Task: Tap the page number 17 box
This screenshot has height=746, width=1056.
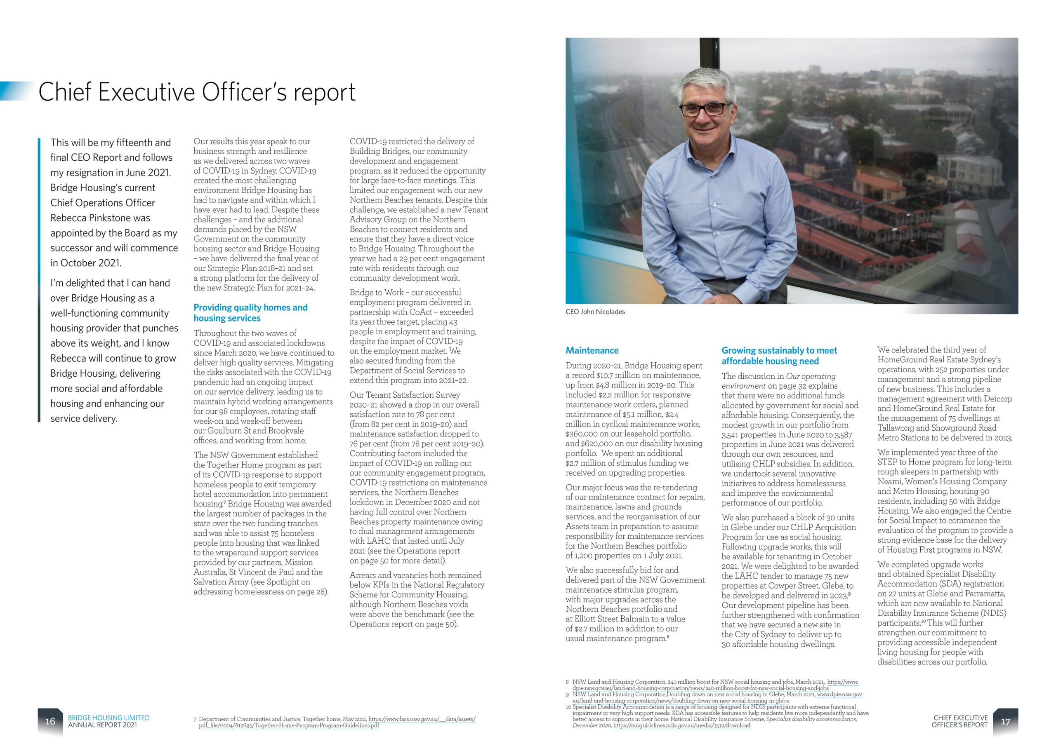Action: click(x=1005, y=721)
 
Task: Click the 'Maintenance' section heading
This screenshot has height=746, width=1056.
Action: click(x=592, y=350)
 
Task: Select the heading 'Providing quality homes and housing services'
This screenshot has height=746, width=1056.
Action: click(x=250, y=312)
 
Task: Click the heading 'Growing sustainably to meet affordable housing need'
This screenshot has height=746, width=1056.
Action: click(x=779, y=356)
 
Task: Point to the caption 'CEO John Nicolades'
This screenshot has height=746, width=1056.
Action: click(x=595, y=312)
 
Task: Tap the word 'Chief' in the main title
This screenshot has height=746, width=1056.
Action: click(x=65, y=92)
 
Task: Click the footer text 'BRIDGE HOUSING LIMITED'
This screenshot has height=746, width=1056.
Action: click(x=108, y=718)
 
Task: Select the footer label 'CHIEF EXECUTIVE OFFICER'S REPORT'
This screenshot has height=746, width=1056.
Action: click(x=960, y=721)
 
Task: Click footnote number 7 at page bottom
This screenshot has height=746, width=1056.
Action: click(x=195, y=719)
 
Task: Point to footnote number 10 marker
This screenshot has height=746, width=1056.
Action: click(x=568, y=707)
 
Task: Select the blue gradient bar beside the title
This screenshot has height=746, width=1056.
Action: click(x=17, y=91)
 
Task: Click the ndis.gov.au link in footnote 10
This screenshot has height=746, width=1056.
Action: click(x=681, y=725)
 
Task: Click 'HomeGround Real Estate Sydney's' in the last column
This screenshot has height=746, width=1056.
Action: click(x=939, y=359)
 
